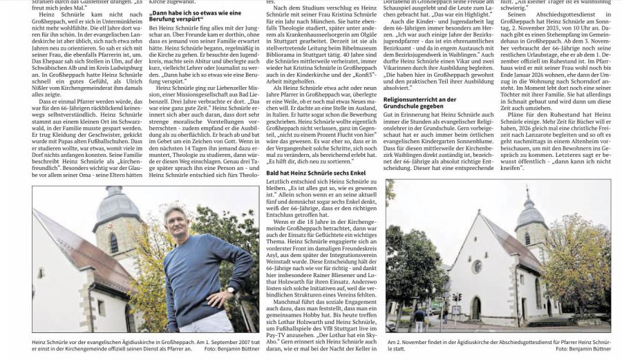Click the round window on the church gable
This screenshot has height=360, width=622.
[478, 266]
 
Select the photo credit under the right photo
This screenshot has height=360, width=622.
[583, 349]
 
